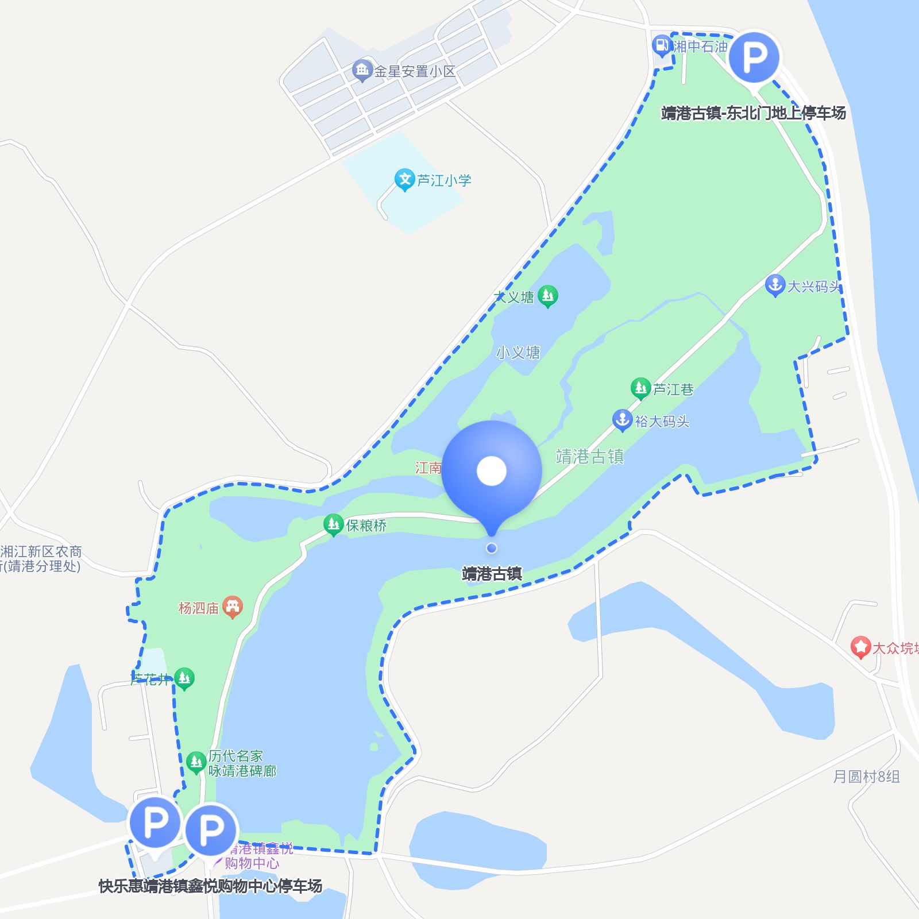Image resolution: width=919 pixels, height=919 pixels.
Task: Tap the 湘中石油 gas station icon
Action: coord(662,45)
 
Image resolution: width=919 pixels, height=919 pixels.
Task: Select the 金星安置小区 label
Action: coord(415,71)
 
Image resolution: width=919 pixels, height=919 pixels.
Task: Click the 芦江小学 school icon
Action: coord(404,179)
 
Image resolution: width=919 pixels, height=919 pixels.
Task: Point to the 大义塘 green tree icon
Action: coord(547,296)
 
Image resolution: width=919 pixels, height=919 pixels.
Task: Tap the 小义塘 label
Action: coord(518,352)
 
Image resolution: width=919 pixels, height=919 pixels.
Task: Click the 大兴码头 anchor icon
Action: coord(775,285)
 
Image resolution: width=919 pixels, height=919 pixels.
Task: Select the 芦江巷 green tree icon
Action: coord(640,388)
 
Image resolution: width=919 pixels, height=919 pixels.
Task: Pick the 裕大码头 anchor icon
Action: coord(622,420)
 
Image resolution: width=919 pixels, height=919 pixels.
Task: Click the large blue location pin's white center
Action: coord(492,471)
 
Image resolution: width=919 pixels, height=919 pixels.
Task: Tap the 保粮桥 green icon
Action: coord(333,524)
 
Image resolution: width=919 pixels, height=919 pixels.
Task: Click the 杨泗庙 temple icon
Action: coord(232,607)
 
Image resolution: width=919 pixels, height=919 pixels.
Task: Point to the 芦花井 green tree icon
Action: coord(184,678)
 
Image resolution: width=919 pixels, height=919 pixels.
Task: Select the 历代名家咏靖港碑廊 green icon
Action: coord(196,762)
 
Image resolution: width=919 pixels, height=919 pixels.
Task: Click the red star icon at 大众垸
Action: coord(860,647)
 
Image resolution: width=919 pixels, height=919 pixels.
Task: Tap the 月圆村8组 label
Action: coord(866,777)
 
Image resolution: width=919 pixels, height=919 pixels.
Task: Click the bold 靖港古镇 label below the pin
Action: coord(492,574)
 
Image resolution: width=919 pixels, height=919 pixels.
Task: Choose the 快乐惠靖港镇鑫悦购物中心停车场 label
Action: coord(210,886)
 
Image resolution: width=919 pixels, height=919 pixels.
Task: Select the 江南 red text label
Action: coord(428,468)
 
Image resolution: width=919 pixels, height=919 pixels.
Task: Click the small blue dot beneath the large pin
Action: coord(492,548)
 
